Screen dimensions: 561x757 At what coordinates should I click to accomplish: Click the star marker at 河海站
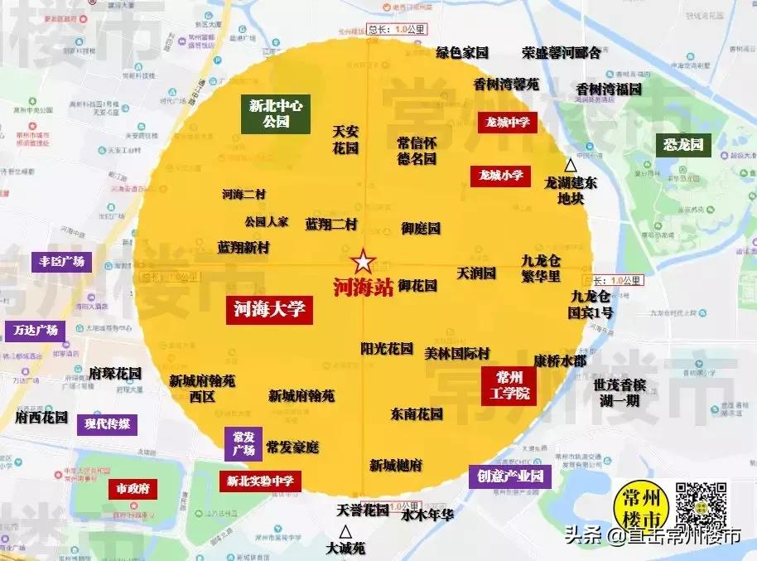[362, 263]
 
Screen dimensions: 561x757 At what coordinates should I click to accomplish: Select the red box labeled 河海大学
[269, 310]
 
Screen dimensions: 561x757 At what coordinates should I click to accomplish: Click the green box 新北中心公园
[276, 114]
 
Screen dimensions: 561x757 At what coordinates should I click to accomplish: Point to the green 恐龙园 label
[682, 146]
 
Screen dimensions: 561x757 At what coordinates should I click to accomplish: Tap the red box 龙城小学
[501, 175]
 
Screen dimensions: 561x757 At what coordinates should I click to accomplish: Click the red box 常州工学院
[509, 385]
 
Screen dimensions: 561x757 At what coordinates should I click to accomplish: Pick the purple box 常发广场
[243, 443]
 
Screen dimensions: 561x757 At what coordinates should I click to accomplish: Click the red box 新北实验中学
[259, 480]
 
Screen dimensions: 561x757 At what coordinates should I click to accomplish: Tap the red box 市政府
[133, 489]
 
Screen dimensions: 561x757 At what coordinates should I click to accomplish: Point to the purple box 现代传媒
[107, 424]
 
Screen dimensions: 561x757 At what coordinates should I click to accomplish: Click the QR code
[702, 506]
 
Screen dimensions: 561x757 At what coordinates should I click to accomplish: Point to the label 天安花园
[345, 139]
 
